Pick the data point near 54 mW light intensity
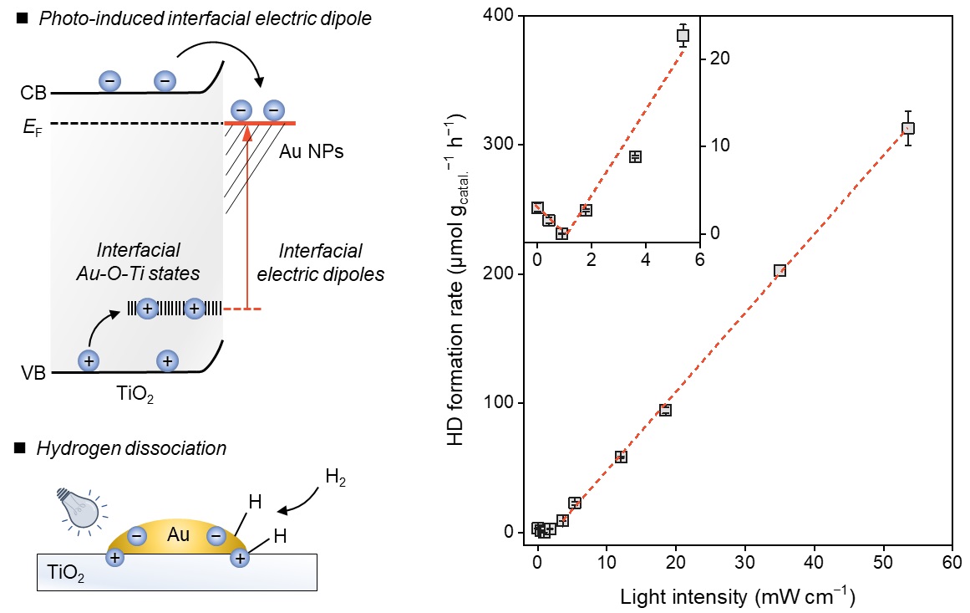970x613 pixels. (908, 129)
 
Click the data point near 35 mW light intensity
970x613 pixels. (780, 270)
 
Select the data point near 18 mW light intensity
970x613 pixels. (665, 410)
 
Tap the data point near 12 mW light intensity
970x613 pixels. (621, 457)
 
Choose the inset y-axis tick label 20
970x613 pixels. (720, 59)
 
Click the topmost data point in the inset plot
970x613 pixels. (683, 35)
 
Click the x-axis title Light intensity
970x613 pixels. (737, 596)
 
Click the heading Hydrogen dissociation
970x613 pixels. (130, 448)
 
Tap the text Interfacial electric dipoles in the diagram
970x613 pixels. (321, 262)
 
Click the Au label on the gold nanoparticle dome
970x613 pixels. (176, 534)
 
